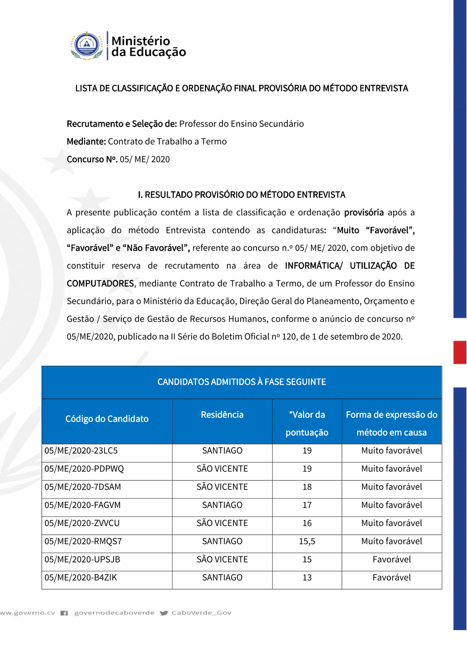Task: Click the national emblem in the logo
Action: point(87,46)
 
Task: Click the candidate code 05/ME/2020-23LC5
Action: point(81,451)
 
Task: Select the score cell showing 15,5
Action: point(307,541)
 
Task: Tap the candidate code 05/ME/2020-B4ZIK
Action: point(81,578)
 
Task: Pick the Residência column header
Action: point(222,415)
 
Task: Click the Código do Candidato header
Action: point(107,419)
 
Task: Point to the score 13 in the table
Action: point(307,578)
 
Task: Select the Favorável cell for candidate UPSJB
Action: point(391,560)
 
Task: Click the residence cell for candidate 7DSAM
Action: point(222,487)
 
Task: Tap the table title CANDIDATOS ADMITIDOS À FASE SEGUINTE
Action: point(241,382)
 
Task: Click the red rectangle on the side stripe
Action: point(460,352)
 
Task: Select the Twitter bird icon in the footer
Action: point(164,613)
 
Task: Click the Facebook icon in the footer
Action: point(64,613)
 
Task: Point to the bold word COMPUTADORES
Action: point(100,284)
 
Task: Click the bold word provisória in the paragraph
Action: point(364,213)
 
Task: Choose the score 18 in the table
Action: point(307,487)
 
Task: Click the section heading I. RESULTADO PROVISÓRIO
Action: point(241,195)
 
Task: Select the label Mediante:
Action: point(86,142)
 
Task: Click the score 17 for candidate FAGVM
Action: point(307,506)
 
